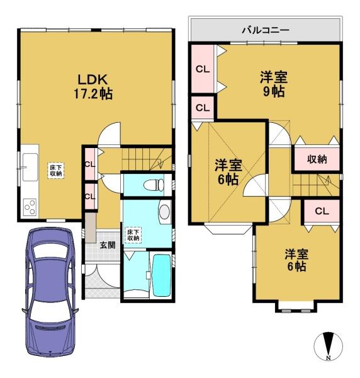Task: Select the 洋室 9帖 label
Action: tap(274, 84)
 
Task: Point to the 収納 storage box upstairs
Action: tap(317, 159)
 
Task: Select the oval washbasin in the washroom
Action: tap(164, 212)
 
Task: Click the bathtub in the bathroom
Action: tap(162, 275)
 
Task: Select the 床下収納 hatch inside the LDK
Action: tap(55, 169)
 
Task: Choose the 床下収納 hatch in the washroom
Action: tap(133, 234)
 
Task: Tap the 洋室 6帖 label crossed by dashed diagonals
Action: tap(227, 172)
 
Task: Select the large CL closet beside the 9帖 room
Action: tap(203, 69)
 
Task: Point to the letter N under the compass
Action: tap(328, 358)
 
